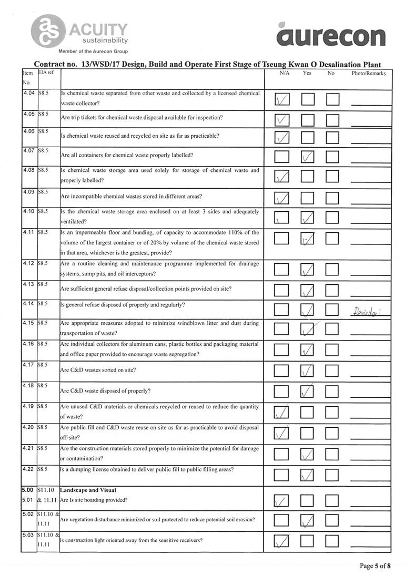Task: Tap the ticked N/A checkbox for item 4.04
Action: pos(282,99)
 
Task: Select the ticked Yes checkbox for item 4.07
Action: pos(308,157)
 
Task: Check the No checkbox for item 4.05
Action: pos(333,120)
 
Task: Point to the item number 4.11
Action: pos(29,232)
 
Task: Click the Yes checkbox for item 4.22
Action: pos(308,475)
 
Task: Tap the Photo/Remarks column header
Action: pos(368,74)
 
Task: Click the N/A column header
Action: pos(285,74)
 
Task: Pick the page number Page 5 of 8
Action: pos(375,566)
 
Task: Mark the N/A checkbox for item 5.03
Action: pos(282,540)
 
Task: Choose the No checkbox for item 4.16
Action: pos(333,349)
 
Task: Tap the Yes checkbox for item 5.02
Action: pos(308,521)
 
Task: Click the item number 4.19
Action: pos(29,406)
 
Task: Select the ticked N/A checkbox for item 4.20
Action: pos(282,434)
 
